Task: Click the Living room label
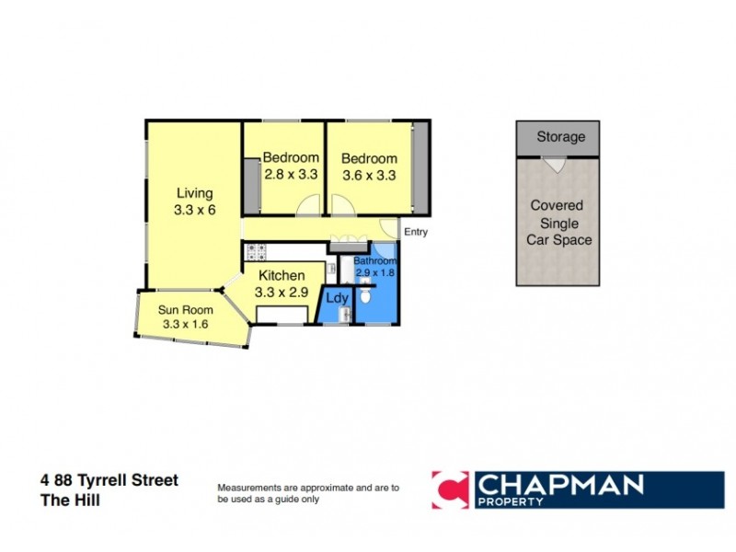[194, 193]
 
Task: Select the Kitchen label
[281, 275]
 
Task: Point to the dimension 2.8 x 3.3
[291, 173]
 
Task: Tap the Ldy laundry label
[337, 298]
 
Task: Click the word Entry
[416, 232]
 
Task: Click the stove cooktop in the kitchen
[255, 250]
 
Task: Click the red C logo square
[451, 489]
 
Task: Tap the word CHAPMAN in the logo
[561, 484]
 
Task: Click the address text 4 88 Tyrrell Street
[109, 480]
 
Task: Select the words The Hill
[70, 500]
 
